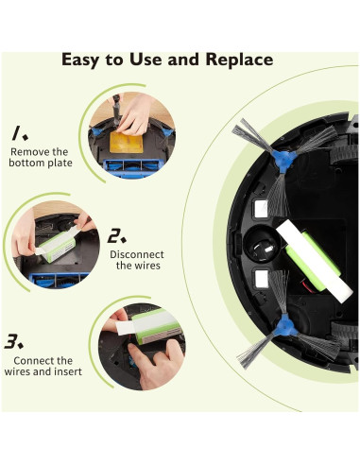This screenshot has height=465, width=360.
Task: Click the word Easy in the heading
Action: point(83,59)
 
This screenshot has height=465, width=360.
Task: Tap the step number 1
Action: point(18,132)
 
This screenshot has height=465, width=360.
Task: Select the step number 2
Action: point(117,235)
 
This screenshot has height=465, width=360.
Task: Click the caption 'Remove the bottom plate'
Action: point(39,158)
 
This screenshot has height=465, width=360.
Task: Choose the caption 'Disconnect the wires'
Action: point(137,261)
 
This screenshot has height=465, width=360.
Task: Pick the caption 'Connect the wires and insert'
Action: point(43,367)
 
